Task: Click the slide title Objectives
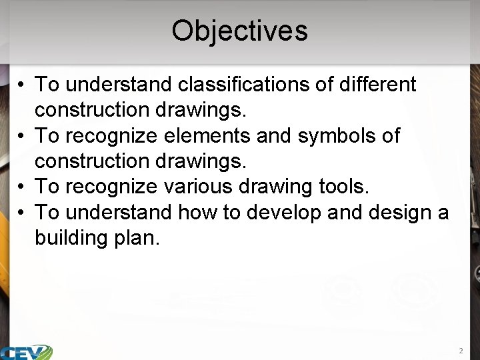point(239,31)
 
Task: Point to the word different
point(378,85)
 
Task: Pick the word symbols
point(343,135)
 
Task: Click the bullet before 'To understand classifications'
point(22,85)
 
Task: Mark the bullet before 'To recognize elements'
point(22,136)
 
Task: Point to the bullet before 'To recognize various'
point(22,187)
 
